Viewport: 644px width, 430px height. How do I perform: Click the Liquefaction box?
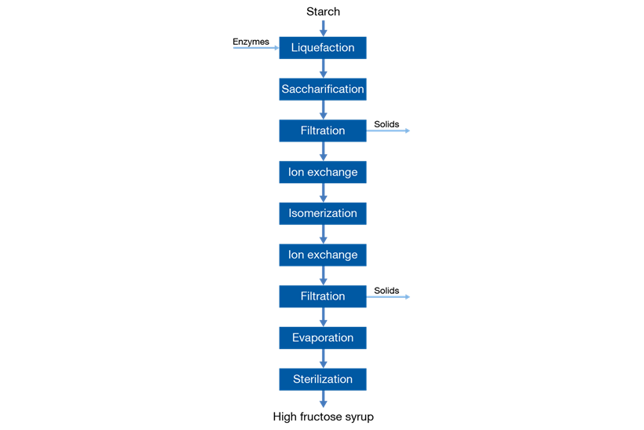pyautogui.click(x=322, y=48)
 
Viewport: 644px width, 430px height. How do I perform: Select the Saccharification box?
pyautogui.click(x=322, y=90)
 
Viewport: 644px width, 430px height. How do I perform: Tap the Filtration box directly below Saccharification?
pyautogui.click(x=322, y=130)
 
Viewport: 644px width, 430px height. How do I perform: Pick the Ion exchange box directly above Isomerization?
pyautogui.click(x=322, y=172)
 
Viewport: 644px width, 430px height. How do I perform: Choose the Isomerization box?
pyautogui.click(x=322, y=213)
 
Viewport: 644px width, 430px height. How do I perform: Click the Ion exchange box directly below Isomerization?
pyautogui.click(x=322, y=255)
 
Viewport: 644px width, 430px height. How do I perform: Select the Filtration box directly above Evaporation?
pyautogui.click(x=322, y=296)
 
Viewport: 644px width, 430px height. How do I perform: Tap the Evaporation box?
pyautogui.click(x=322, y=338)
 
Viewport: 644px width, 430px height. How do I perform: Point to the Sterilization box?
pyautogui.click(x=322, y=379)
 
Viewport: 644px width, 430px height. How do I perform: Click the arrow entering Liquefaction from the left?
pyautogui.click(x=256, y=48)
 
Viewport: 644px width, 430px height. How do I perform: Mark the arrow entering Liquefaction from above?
pyautogui.click(x=323, y=28)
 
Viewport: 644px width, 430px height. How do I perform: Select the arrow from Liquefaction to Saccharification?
pyautogui.click(x=323, y=69)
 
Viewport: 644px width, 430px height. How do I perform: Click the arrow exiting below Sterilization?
pyautogui.click(x=323, y=399)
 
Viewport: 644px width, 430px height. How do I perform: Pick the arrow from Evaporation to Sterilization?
pyautogui.click(x=323, y=358)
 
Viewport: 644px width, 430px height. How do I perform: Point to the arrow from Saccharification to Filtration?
pyautogui.click(x=323, y=110)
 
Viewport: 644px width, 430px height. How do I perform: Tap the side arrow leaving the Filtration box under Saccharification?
pyautogui.click(x=389, y=130)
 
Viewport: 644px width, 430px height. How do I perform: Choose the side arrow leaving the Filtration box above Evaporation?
pyautogui.click(x=389, y=296)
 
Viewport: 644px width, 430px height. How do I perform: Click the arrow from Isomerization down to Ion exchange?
pyautogui.click(x=323, y=234)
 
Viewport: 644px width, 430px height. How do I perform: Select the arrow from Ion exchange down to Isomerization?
pyautogui.click(x=323, y=193)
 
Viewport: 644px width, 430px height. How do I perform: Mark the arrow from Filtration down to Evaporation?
pyautogui.click(x=323, y=317)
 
